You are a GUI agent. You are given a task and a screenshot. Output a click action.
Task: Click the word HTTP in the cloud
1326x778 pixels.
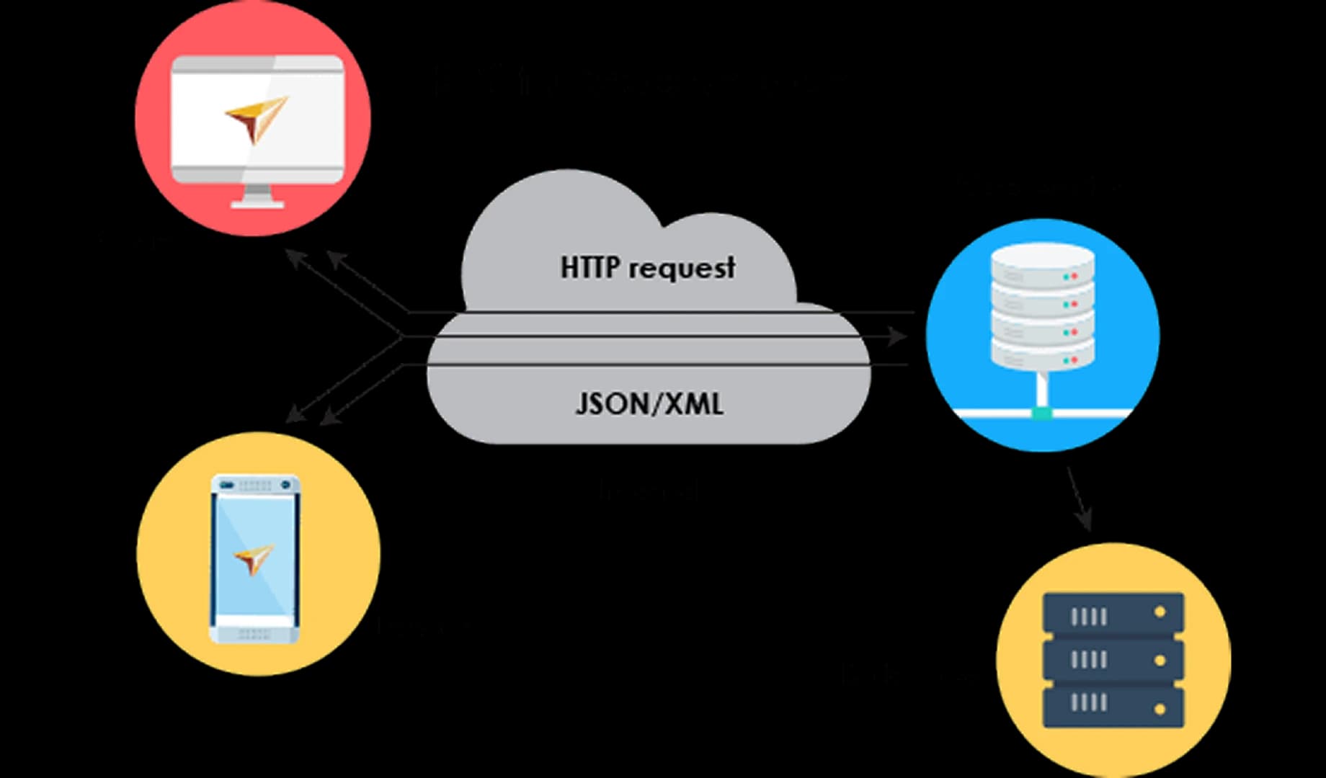589,267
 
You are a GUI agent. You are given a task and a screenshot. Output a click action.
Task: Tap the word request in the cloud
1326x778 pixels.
681,269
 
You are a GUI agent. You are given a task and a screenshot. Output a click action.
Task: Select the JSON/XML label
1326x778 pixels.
649,403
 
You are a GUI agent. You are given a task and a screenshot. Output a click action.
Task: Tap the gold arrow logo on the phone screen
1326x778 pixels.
254,558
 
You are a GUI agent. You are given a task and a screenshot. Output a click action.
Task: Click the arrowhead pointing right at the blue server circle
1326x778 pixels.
897,336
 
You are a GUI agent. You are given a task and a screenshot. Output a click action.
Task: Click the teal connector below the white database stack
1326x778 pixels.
1042,413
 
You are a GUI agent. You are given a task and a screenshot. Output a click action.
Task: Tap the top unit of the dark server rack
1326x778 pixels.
1113,614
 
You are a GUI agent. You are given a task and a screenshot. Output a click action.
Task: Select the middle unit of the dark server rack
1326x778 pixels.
1113,659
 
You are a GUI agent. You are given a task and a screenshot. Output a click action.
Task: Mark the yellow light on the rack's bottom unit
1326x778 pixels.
1160,709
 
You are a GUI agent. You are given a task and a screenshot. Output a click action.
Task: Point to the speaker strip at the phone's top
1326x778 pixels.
254,485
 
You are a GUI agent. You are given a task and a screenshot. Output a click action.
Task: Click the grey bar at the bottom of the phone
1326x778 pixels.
254,634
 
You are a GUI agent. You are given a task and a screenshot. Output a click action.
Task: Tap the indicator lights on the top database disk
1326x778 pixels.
1070,277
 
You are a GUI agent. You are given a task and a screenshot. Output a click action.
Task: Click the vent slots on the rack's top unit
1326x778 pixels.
1088,617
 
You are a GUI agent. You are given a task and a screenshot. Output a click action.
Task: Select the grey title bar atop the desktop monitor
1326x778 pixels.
257,65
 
